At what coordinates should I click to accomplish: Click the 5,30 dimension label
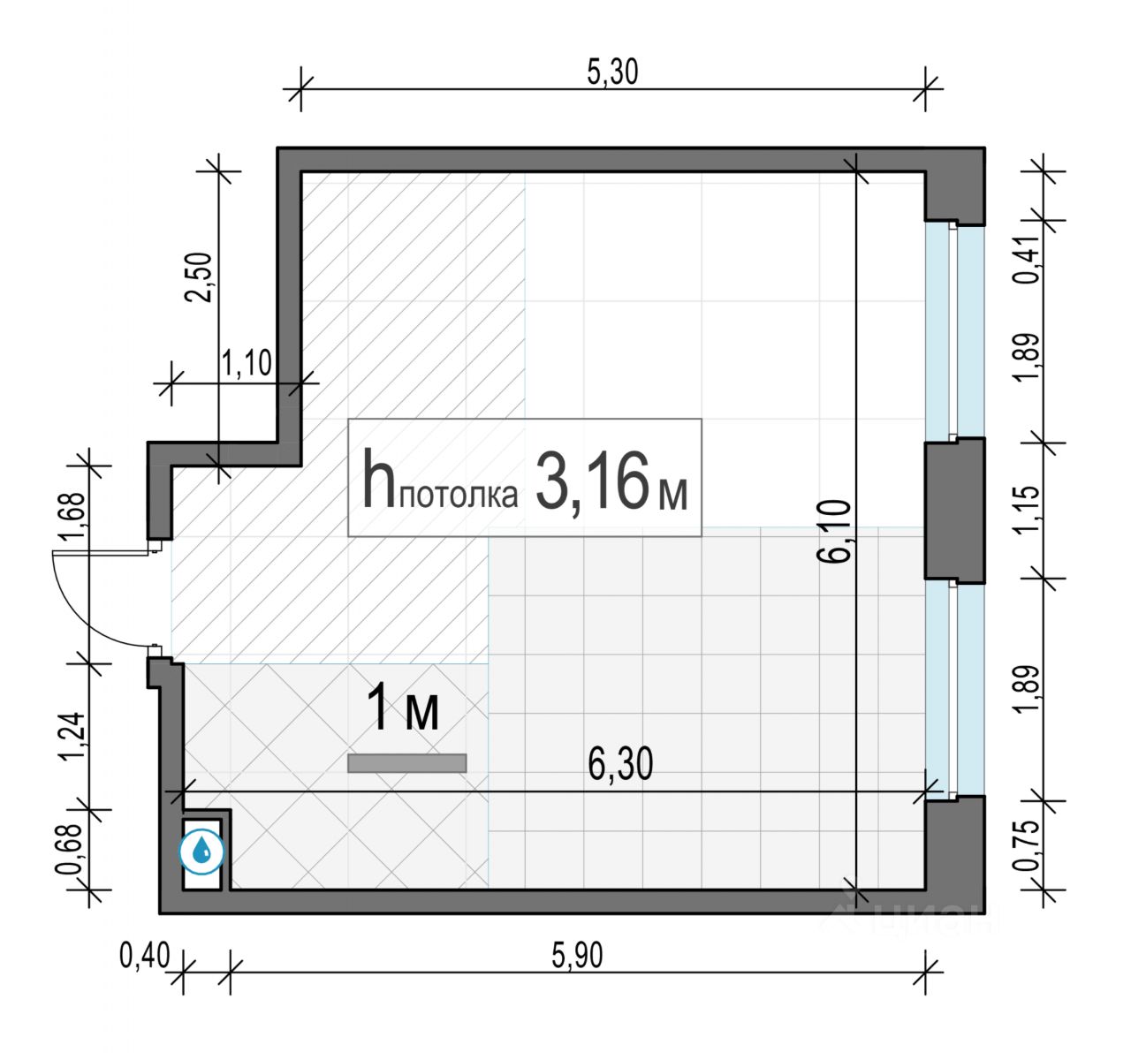tap(612, 73)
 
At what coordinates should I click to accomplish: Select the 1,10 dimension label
tap(246, 363)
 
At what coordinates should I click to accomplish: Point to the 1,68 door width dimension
tap(74, 515)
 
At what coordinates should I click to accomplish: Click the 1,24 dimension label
tap(74, 736)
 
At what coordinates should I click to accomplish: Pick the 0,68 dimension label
tap(70, 849)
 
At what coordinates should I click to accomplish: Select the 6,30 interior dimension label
tap(620, 764)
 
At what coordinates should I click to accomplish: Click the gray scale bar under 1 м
tap(407, 763)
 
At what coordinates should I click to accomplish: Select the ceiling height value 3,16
tap(592, 480)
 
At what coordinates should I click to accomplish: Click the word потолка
tap(458, 495)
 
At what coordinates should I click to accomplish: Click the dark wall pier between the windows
tap(954, 511)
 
